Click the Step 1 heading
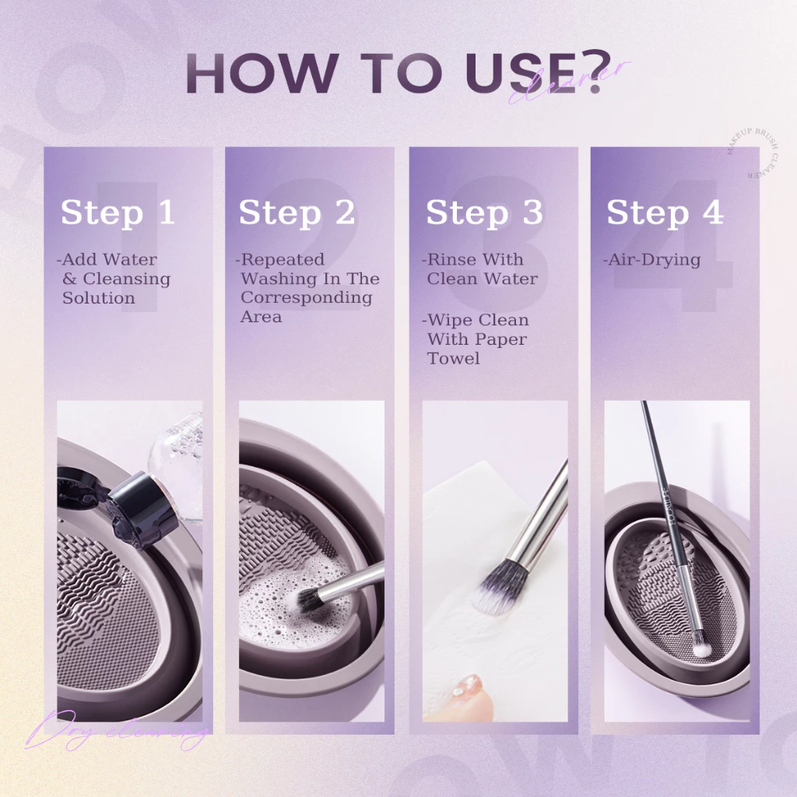pos(118,213)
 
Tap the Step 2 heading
pos(297,213)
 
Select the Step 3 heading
pos(483,213)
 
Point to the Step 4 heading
pos(665,213)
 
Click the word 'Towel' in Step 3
pos(454,359)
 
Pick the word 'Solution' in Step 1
pos(99,298)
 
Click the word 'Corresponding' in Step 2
pos(306,298)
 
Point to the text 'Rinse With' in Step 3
pos(475,260)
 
